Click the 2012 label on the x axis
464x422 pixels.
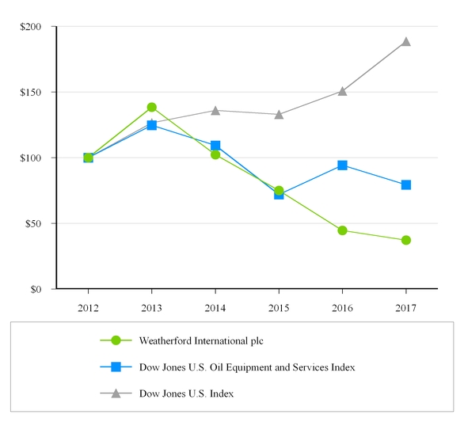point(88,306)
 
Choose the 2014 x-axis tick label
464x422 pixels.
point(215,306)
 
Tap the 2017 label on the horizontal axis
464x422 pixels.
point(405,306)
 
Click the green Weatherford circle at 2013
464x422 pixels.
point(151,107)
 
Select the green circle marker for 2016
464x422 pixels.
point(342,230)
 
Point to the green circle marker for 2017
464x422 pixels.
point(405,240)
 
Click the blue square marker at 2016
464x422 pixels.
point(342,165)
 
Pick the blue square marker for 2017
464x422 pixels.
point(405,184)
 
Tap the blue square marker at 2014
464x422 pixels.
point(215,146)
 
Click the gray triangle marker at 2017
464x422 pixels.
point(405,41)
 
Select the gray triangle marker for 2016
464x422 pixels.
point(342,91)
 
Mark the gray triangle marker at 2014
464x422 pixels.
point(215,110)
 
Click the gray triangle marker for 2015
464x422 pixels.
point(279,114)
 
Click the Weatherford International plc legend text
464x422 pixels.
point(200,341)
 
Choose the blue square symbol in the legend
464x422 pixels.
point(116,367)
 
